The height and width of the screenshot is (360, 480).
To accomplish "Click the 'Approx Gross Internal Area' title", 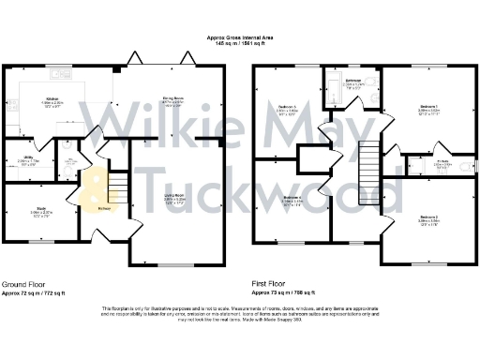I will coord(239,37).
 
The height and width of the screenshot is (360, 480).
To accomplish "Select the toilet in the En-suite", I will coord(463,169).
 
